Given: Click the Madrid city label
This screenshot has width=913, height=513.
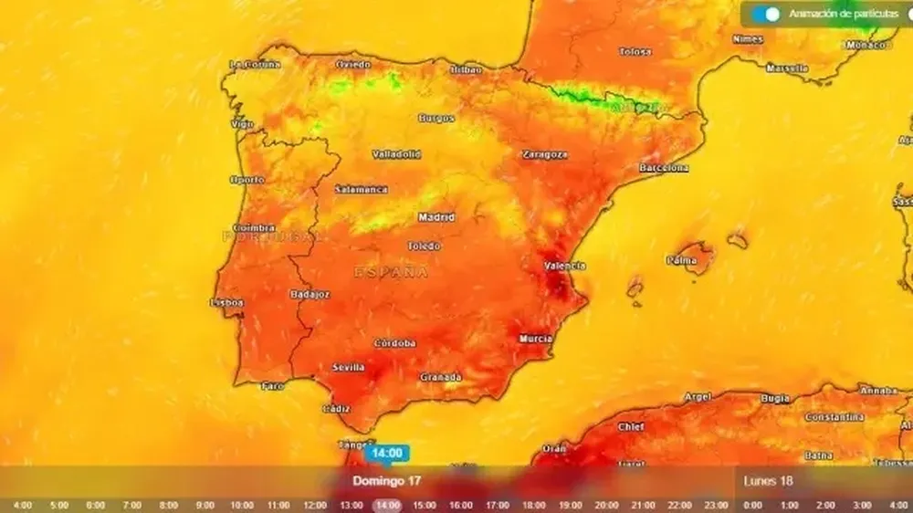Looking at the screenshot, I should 436,217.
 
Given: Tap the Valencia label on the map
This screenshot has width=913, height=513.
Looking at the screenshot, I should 564,266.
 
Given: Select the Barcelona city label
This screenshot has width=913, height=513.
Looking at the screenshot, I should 664,168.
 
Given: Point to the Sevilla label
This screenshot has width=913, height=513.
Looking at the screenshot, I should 348,367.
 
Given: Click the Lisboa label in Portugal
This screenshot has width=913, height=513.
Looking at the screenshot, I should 226,302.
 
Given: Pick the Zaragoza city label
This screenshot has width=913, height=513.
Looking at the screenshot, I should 544,154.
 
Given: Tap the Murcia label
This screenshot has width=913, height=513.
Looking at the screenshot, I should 535,339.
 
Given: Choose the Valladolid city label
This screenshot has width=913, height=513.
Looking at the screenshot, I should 396,154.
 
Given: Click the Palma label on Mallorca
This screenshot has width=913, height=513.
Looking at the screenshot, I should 681,260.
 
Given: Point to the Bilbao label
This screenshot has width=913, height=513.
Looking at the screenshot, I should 466,69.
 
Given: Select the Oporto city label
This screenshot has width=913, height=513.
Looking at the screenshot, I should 247,179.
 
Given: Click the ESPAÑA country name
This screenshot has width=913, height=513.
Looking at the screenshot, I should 391,272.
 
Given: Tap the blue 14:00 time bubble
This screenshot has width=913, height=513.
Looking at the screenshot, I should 387,453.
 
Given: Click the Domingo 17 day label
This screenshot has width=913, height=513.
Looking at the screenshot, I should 387,480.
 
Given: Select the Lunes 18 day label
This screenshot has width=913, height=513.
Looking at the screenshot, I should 768,481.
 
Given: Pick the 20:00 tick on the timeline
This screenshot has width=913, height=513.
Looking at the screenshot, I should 606,505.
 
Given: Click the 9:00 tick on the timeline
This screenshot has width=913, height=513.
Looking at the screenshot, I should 205,505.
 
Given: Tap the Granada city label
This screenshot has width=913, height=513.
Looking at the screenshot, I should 440,377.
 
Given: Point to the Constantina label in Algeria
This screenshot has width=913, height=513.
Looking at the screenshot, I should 834,417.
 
